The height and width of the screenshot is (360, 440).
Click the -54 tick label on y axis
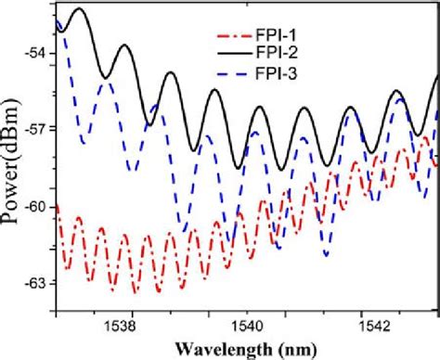click(36, 52)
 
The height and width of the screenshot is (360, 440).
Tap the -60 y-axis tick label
click(36, 205)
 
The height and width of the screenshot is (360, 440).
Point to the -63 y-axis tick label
click(36, 282)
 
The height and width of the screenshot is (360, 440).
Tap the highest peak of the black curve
click(80, 9)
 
